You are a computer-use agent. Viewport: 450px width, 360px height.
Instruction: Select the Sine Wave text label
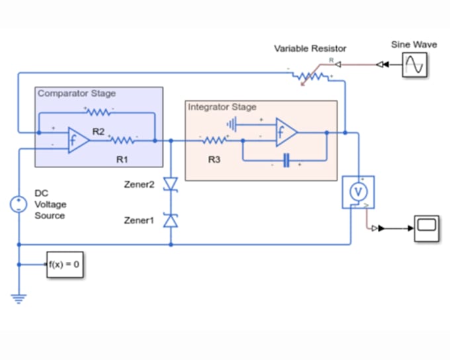pyautogui.click(x=414, y=44)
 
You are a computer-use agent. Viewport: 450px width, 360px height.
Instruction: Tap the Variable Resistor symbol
pyautogui.click(x=310, y=77)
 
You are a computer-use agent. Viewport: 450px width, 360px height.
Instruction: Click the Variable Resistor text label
pyautogui.click(x=310, y=49)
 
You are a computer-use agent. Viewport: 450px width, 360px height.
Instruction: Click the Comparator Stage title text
pyautogui.click(x=76, y=94)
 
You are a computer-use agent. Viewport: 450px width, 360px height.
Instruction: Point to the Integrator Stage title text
pyautogui.click(x=222, y=107)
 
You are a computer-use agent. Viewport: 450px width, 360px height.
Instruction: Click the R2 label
pyautogui.click(x=98, y=132)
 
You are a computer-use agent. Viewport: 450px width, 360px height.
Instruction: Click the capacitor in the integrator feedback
pyautogui.click(x=286, y=161)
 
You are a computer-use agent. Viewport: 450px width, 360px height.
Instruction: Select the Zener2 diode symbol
pyautogui.click(x=171, y=185)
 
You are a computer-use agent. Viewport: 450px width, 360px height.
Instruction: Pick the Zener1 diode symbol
pyautogui.click(x=171, y=220)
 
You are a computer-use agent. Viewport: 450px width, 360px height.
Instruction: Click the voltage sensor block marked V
pyautogui.click(x=359, y=192)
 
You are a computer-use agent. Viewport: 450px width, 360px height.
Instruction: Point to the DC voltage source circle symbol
pyautogui.click(x=19, y=204)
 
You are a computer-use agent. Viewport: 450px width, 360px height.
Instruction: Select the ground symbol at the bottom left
pyautogui.click(x=19, y=297)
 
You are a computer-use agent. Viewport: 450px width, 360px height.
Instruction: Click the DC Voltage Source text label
pyautogui.click(x=50, y=204)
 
